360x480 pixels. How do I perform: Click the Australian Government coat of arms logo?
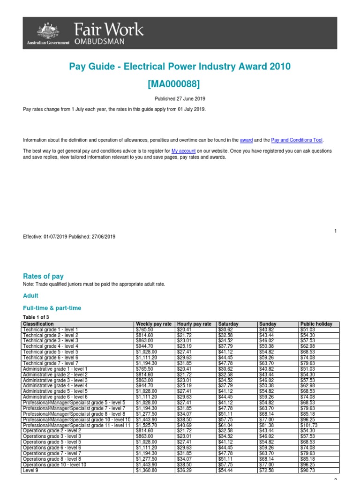coord(47,31)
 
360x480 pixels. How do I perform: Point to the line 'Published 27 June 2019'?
coord(180,99)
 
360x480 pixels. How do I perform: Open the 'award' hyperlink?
coord(246,140)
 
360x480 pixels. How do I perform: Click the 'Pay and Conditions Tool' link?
coord(297,140)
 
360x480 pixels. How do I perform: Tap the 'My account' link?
coord(184,151)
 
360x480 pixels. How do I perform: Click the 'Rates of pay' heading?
coord(43,277)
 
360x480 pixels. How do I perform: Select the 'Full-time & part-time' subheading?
coord(52,308)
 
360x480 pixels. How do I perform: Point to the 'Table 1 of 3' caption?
coord(36,317)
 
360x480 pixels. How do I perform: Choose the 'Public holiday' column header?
coord(316,324)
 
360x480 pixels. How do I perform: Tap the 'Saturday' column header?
coord(228,324)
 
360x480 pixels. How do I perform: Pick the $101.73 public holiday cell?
coord(309,426)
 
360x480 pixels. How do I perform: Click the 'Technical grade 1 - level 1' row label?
coord(51,330)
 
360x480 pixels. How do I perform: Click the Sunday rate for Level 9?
coord(267,470)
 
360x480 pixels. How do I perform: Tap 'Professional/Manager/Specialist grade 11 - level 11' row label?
coord(77,426)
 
